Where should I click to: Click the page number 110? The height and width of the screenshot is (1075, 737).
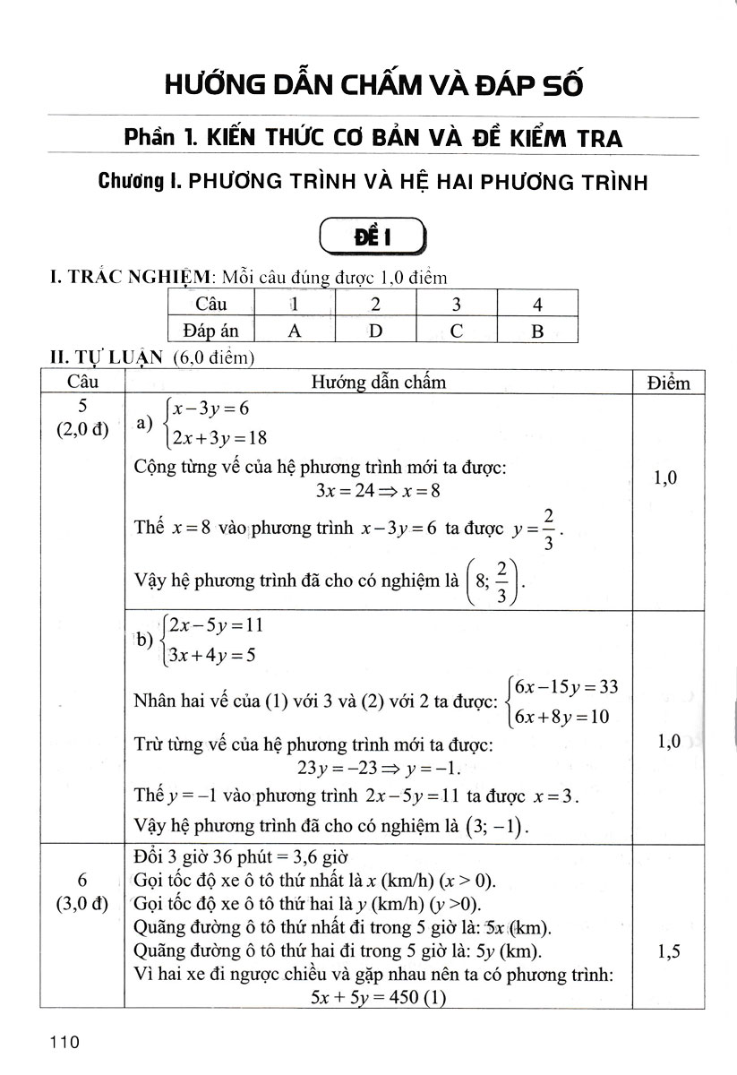66,1043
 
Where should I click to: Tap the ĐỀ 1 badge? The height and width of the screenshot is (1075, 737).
371,238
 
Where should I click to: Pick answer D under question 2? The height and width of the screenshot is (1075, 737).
375,331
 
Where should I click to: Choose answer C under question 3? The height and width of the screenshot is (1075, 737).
456,331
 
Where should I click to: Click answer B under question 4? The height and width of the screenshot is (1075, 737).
537,331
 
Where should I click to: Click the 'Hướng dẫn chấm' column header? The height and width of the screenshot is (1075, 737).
378,383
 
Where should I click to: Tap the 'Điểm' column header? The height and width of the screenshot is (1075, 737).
668,383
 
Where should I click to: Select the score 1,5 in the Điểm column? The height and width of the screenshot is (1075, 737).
667,952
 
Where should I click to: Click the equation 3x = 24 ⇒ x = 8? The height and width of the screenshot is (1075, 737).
377,490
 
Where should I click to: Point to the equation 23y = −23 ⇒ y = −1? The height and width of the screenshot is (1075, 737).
377,767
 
